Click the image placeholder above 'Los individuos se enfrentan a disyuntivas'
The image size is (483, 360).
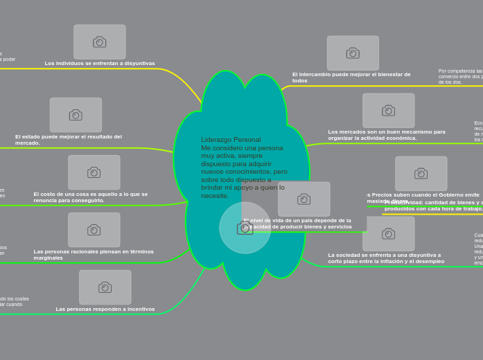coord(100,42)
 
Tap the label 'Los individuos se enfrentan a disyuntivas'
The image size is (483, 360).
coord(100,64)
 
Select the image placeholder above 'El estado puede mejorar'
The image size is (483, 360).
coord(76,115)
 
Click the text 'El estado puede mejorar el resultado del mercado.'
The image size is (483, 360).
coord(69,140)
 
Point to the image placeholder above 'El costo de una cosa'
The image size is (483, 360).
coord(94,172)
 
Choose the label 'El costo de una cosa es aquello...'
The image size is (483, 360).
coord(91,197)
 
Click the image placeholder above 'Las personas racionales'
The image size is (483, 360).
coord(94,230)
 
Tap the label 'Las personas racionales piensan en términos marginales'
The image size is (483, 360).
coord(94,255)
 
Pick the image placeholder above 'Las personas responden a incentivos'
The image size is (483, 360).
coord(105,287)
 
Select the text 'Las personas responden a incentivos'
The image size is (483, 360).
coord(105,309)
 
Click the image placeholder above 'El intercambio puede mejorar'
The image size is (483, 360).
coord(353,53)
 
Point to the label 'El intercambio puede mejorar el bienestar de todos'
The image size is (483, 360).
coord(351,78)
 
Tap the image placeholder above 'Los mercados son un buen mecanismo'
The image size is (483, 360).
coord(389,111)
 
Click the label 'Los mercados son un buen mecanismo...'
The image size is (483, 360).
coord(387,135)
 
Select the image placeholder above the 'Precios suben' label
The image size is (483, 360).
coord(421,174)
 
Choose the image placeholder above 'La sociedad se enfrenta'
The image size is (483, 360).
coord(389,234)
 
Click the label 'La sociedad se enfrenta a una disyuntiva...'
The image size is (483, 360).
coord(386,258)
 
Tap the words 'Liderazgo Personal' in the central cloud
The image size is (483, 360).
coord(231,140)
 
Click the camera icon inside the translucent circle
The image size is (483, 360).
coord(245,228)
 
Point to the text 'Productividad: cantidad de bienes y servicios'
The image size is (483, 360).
coord(434,206)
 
